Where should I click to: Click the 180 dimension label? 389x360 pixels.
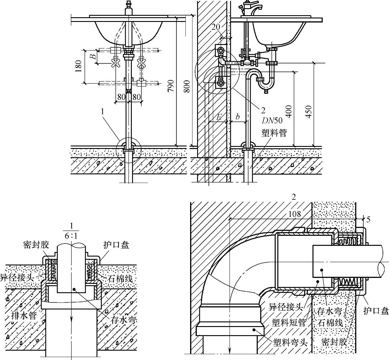pyautogui.click(x=78, y=67)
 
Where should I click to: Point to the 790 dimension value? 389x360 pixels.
pyautogui.click(x=171, y=86)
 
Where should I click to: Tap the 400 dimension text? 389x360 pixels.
pyautogui.click(x=289, y=111)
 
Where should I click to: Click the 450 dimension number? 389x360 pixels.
pyautogui.click(x=309, y=111)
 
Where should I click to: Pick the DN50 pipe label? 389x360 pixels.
pyautogui.click(x=272, y=120)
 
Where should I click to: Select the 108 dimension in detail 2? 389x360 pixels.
pyautogui.click(x=294, y=214)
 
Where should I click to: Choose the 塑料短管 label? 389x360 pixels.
pyautogui.click(x=289, y=322)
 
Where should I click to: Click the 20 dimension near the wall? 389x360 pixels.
pyautogui.click(x=216, y=27)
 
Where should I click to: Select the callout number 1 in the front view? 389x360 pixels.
pyautogui.click(x=102, y=111)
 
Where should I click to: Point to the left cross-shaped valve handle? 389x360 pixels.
pyautogui.click(x=116, y=63)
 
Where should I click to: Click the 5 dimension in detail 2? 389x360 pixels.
pyautogui.click(x=368, y=219)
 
